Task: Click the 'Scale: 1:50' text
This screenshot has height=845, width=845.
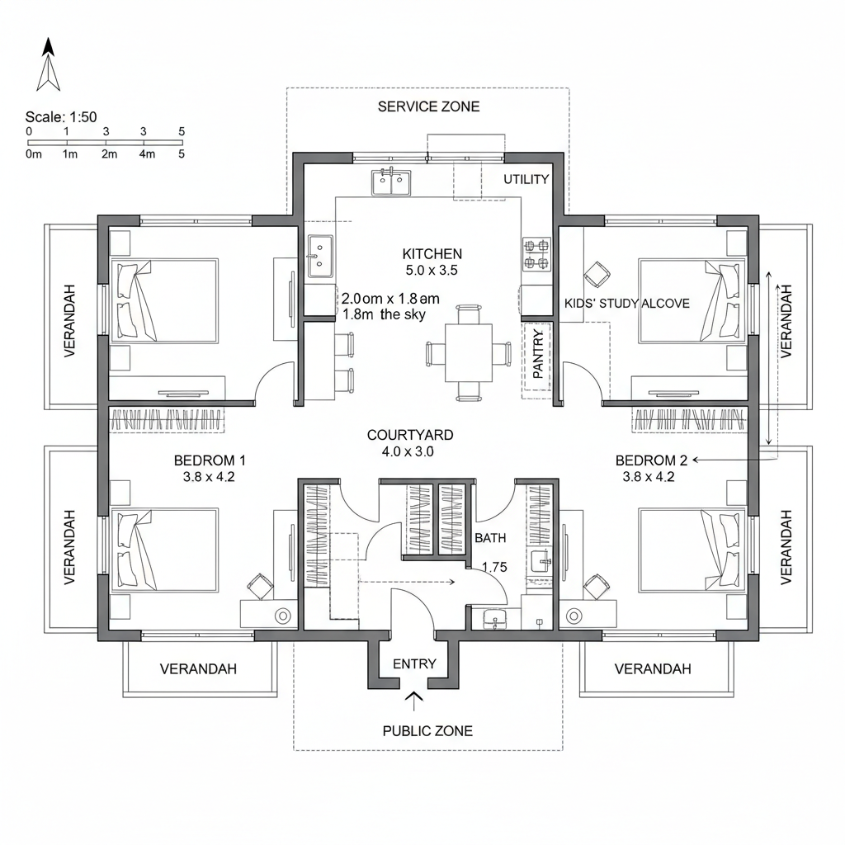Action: pos(61,117)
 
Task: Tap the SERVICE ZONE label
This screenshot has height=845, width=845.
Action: pos(428,106)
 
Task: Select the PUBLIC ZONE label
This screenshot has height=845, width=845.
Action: pos(427,730)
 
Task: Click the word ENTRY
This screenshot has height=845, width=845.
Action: pos(414,663)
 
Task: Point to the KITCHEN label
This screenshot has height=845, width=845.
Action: pos(432,254)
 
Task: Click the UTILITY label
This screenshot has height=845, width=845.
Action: pos(526,180)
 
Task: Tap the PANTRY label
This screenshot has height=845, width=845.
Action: pos(538,355)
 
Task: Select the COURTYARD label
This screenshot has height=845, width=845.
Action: pos(410,435)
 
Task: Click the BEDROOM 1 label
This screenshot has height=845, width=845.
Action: pos(210,460)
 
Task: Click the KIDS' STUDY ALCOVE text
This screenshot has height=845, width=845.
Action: pos(627,304)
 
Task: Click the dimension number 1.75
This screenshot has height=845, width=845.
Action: pos(493,567)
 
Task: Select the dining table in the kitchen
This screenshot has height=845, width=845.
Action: pos(468,352)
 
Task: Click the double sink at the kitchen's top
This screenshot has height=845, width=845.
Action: pos(392,182)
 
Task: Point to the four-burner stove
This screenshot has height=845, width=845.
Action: pos(536,254)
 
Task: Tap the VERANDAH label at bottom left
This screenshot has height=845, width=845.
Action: pos(198,668)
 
